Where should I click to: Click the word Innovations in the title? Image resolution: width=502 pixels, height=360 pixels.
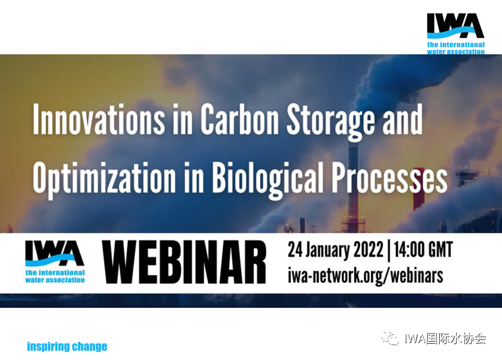pyautogui.click(x=99, y=120)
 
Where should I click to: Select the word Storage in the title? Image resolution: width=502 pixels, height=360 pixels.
pyautogui.click(x=330, y=122)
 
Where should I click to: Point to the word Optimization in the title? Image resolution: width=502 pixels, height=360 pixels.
pyautogui.click(x=104, y=178)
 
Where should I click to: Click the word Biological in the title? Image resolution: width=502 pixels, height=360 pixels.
pyautogui.click(x=268, y=178)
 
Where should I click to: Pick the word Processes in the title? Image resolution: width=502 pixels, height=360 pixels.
pyautogui.click(x=389, y=177)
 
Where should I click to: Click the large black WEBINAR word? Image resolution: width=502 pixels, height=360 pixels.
pyautogui.click(x=184, y=262)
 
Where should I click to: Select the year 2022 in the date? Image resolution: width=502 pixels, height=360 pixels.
pyautogui.click(x=368, y=250)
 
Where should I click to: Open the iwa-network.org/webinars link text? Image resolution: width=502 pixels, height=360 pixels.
pyautogui.click(x=366, y=276)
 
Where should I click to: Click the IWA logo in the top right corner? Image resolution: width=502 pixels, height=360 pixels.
pyautogui.click(x=455, y=34)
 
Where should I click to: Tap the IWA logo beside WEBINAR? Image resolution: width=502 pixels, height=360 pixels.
pyautogui.click(x=55, y=261)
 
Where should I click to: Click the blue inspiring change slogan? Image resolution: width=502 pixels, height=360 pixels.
pyautogui.click(x=67, y=346)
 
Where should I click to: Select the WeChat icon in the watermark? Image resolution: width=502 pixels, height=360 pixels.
pyautogui.click(x=390, y=338)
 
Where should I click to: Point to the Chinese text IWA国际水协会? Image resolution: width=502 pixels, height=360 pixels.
pyautogui.click(x=445, y=338)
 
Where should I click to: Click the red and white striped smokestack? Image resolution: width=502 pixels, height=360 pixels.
pyautogui.click(x=418, y=189)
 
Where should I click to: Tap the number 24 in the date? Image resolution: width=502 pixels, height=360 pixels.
pyautogui.click(x=295, y=250)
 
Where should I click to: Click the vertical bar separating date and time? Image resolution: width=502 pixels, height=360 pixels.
pyautogui.click(x=388, y=250)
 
